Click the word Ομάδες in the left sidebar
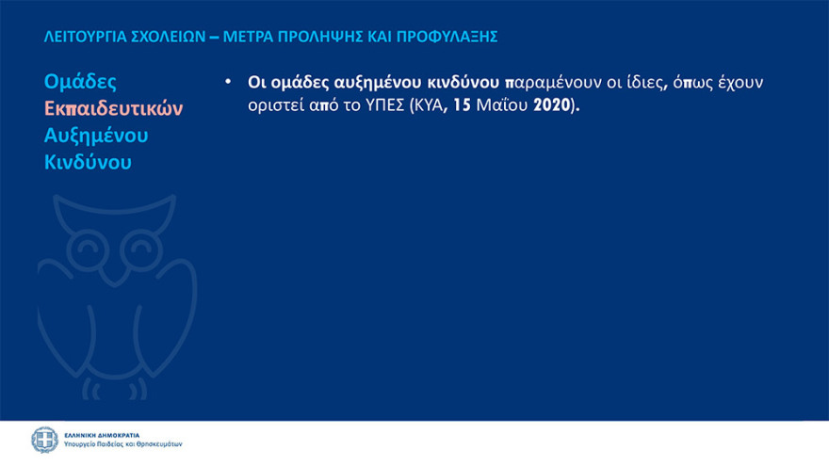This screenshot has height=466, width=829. click(x=80, y=82)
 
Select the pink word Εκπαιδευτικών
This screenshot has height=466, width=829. click(x=114, y=108)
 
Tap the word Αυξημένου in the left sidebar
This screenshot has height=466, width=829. click(x=96, y=136)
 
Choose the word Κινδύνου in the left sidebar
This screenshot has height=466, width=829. click(x=88, y=162)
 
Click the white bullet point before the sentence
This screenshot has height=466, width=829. click(x=227, y=81)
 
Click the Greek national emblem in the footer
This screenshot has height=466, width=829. click(x=44, y=440)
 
